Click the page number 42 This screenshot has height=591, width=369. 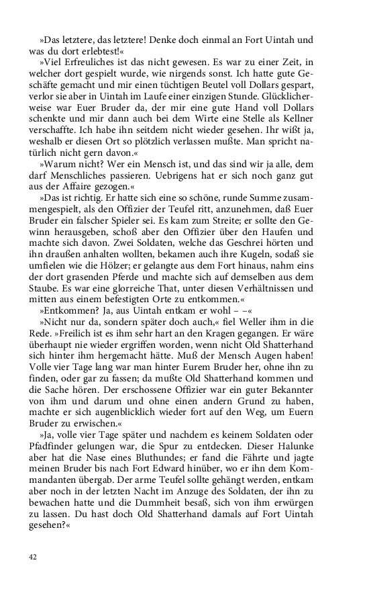pyautogui.click(x=33, y=557)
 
